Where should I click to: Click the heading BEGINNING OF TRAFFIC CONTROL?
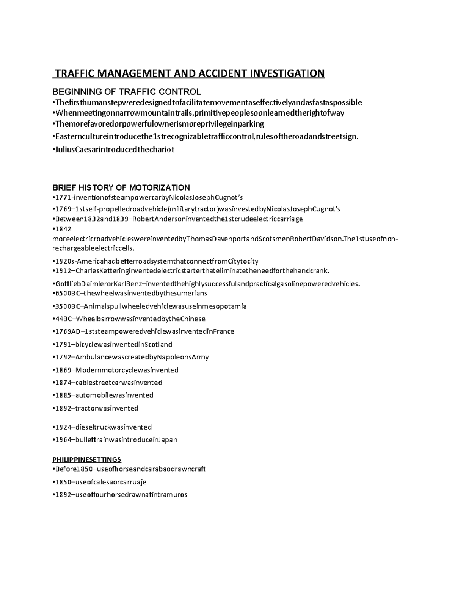point(126,92)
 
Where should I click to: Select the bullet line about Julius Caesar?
point(113,149)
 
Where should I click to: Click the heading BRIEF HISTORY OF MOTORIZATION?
point(121,187)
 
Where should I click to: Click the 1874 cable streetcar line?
point(107,383)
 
